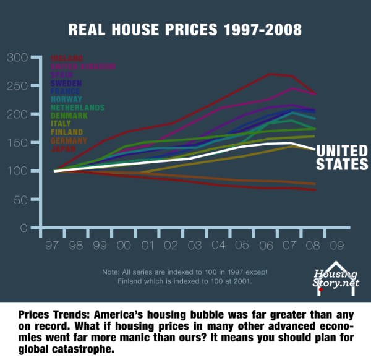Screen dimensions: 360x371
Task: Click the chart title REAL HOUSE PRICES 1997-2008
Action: (x=185, y=30)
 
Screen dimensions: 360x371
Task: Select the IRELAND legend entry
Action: (x=67, y=59)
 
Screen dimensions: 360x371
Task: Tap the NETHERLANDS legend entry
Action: (x=77, y=107)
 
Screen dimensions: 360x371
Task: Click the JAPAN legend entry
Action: (x=64, y=148)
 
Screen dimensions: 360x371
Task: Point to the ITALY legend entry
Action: (x=61, y=124)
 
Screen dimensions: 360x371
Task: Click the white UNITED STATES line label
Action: (x=341, y=157)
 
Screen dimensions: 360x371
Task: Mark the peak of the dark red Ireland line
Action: (x=270, y=74)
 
